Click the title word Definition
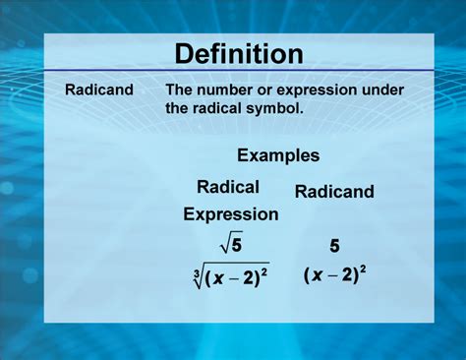pyautogui.click(x=239, y=53)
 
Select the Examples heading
pyautogui.click(x=278, y=155)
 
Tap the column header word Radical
pyautogui.click(x=228, y=187)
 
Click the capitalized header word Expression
pyautogui.click(x=231, y=213)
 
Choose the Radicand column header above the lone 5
pyautogui.click(x=334, y=192)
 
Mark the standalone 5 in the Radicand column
pyautogui.click(x=335, y=246)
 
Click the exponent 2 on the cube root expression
pyautogui.click(x=266, y=270)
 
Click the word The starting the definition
pyautogui.click(x=180, y=90)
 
